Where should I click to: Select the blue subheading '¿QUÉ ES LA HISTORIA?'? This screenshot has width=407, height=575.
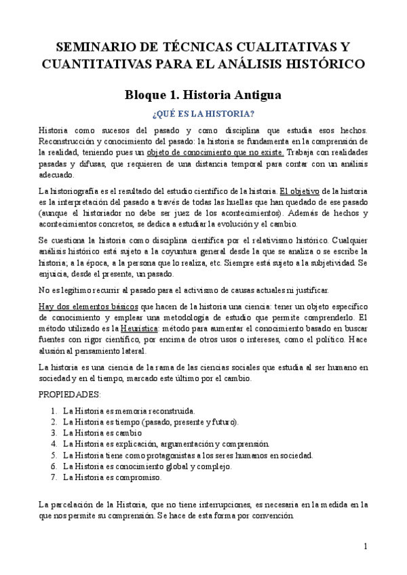pos(203,113)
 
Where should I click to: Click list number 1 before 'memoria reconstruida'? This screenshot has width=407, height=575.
pos(54,411)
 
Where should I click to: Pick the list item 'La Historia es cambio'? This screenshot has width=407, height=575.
pos(102,433)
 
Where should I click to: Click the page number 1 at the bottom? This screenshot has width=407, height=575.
pos(366,547)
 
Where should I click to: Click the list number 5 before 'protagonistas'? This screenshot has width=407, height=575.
pos(54,455)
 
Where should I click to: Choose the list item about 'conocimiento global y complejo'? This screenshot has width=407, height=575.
pos(147,466)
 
